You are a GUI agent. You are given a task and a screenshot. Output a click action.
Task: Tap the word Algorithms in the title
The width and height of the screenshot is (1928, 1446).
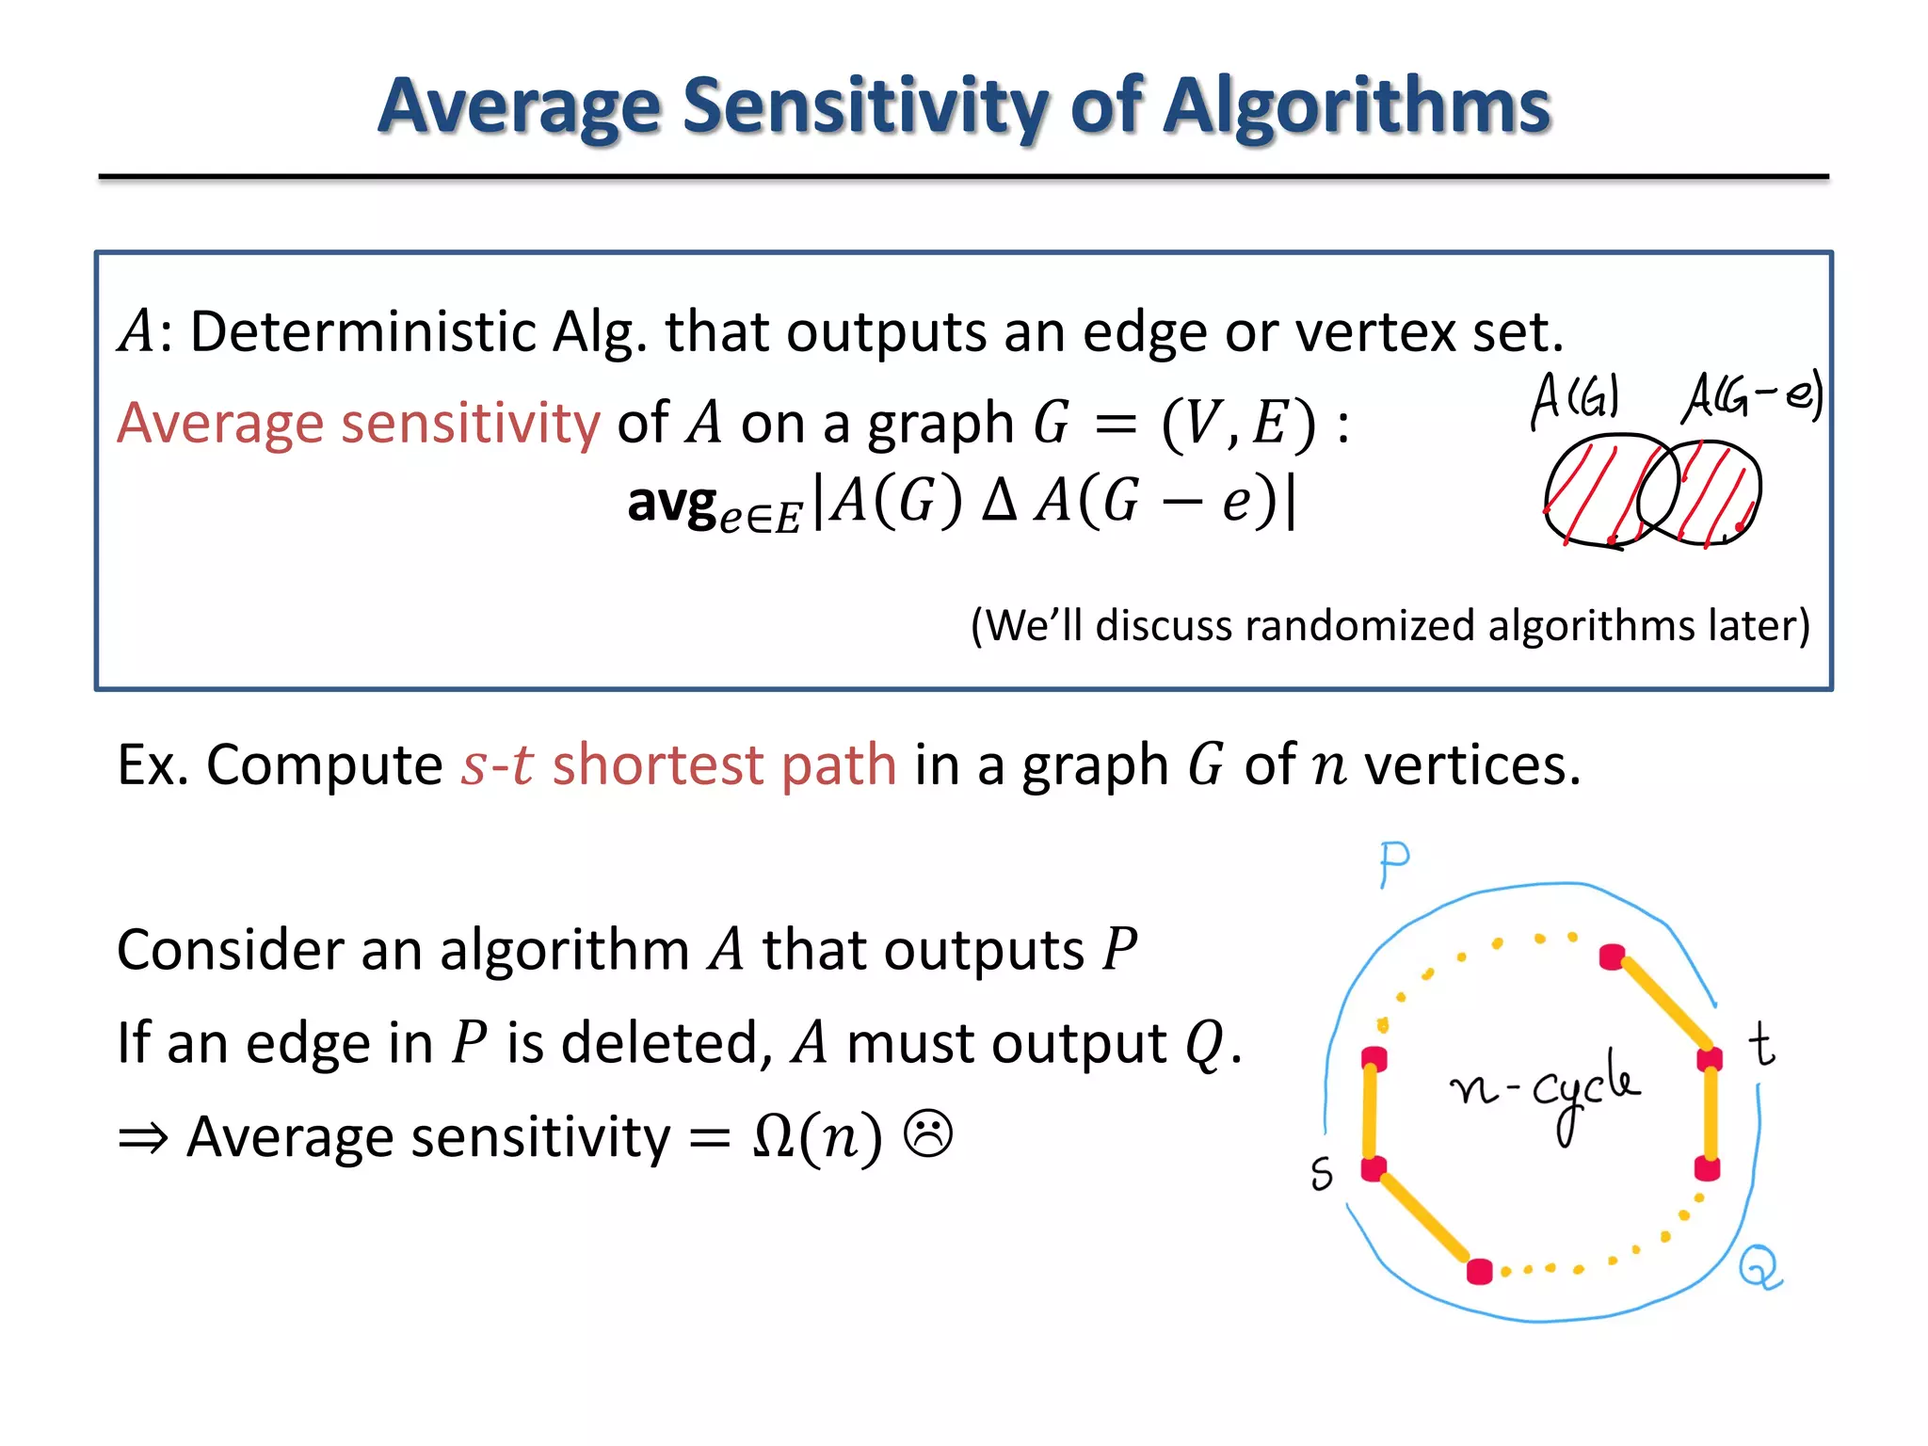[1357, 105]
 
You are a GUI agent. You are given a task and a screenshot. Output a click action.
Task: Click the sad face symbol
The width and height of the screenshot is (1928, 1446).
[928, 1133]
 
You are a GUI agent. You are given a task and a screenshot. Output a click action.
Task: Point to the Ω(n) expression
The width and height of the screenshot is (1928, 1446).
[817, 1136]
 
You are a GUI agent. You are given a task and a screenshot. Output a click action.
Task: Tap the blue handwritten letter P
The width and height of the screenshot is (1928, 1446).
[1393, 862]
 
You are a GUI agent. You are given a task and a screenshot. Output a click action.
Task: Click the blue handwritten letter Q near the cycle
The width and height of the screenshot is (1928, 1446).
[1759, 1266]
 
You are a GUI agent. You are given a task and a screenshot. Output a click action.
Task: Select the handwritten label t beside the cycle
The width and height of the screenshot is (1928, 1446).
[1761, 1045]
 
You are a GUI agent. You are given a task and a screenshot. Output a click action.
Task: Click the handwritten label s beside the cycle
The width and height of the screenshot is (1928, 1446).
[1322, 1173]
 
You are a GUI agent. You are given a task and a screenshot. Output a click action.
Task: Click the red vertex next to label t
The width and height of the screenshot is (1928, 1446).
[1710, 1059]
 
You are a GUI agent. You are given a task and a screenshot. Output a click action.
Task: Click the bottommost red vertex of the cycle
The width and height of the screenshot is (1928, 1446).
[1480, 1272]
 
